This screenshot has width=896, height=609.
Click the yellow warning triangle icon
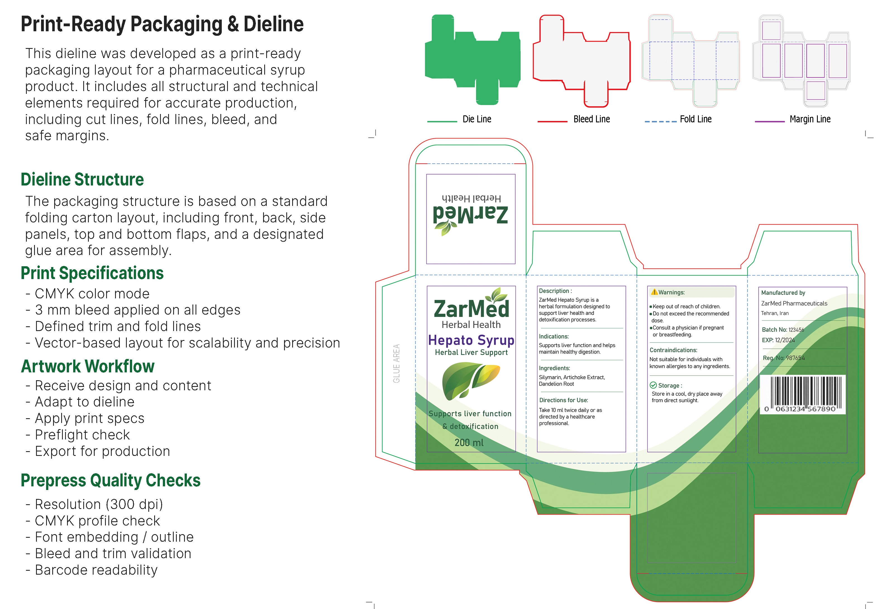point(654,292)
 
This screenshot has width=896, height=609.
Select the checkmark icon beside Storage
point(653,385)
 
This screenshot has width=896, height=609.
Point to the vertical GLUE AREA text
point(396,363)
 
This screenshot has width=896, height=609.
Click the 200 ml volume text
point(469,443)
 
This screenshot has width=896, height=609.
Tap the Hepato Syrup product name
point(471,340)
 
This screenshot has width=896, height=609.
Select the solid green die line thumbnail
point(473,60)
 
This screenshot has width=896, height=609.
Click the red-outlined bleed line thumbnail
point(582,61)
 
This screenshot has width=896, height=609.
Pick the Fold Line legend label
point(695,119)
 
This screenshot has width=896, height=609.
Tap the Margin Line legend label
point(810,119)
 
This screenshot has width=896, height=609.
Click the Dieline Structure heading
point(82,179)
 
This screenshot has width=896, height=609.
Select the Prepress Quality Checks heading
point(111,480)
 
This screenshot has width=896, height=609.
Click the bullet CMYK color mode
point(87,294)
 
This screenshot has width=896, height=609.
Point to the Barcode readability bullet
point(92,570)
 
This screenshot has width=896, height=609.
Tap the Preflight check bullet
point(78,435)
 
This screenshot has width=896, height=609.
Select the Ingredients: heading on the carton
point(554,368)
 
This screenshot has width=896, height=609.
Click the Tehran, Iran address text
point(775,313)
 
